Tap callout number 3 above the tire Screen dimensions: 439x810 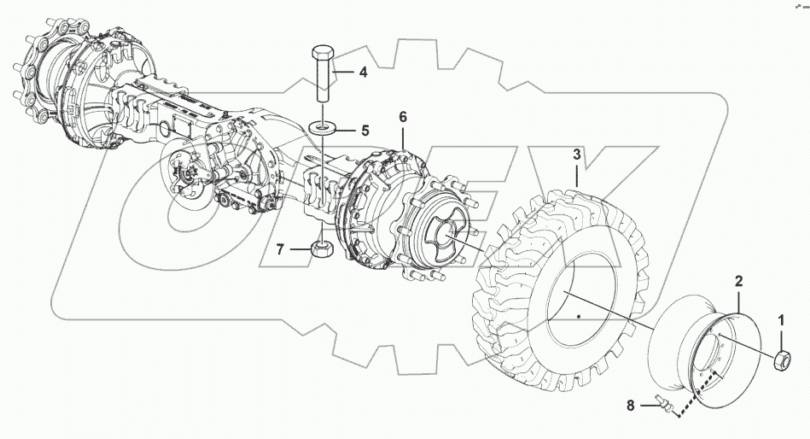tap(576, 155)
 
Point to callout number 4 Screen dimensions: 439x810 tap(363, 73)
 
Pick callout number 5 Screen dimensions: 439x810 tap(364, 131)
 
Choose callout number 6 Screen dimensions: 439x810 tap(403, 116)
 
